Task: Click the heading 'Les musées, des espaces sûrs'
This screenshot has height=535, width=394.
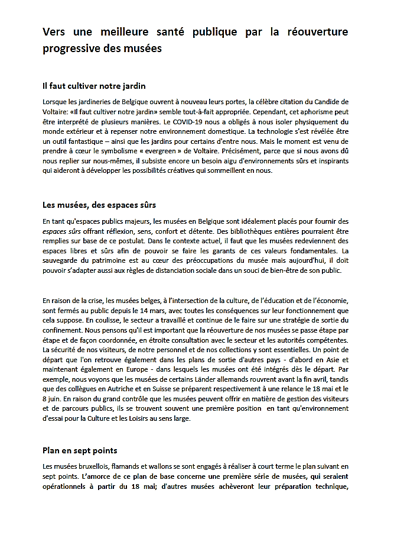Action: [99, 205]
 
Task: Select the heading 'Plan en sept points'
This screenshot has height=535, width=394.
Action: [79, 451]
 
